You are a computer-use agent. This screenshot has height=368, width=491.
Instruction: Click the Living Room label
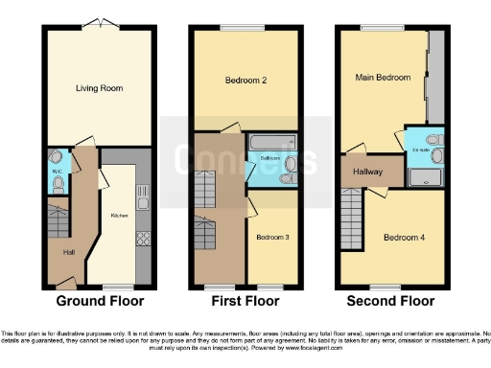tap(100, 88)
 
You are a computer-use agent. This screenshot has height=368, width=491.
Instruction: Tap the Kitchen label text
tap(120, 216)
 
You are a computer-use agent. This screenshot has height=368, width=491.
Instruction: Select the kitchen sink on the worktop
tap(142, 199)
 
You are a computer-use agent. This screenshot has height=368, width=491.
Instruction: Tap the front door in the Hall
tap(66, 282)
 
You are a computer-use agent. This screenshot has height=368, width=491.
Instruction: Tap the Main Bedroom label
tap(383, 77)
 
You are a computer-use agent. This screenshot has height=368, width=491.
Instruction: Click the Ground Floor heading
tap(100, 301)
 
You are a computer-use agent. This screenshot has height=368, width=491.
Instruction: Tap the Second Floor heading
tap(391, 301)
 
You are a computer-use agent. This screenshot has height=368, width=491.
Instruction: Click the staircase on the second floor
tap(353, 220)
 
